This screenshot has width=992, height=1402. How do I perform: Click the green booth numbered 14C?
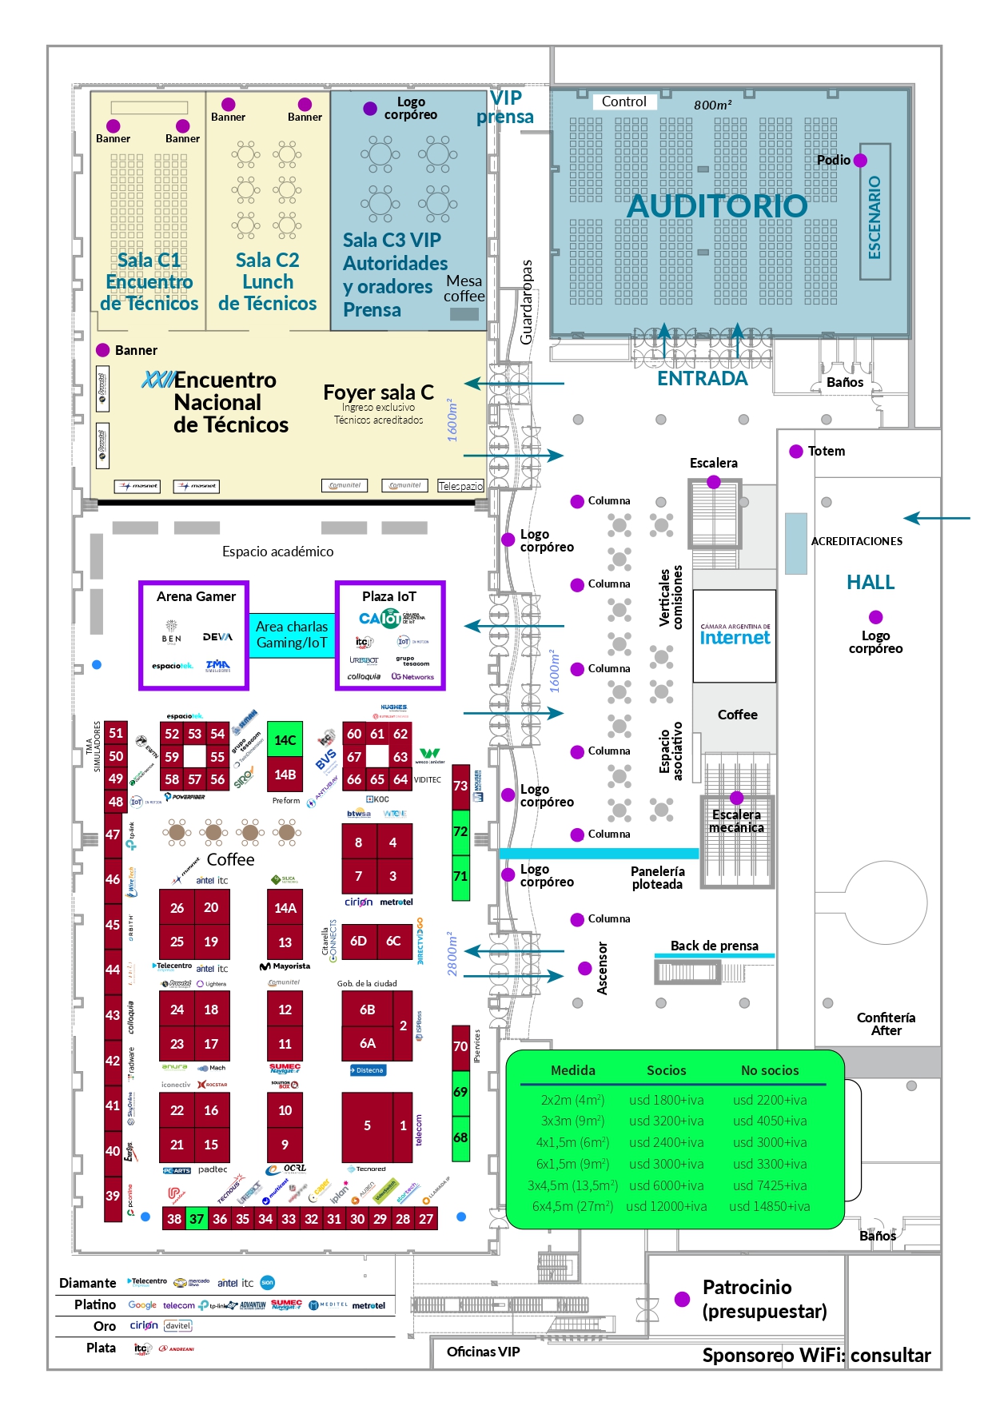[285, 740]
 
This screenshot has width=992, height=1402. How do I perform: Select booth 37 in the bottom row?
[197, 1219]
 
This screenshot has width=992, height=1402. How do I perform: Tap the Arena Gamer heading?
[196, 596]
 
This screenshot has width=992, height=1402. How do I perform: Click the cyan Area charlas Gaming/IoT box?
[292, 635]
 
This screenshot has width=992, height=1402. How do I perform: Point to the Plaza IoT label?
[389, 596]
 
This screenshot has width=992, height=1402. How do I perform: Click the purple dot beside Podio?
[861, 160]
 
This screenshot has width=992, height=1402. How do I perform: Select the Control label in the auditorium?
[623, 102]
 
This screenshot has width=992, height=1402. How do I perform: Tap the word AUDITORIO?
[717, 206]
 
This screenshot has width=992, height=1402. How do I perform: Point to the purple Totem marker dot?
[796, 452]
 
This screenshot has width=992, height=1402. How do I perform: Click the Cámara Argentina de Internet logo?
[735, 635]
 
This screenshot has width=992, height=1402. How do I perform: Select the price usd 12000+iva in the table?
[666, 1207]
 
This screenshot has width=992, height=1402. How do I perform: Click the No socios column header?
[770, 1070]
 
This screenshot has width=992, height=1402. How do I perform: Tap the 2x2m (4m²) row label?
[572, 1100]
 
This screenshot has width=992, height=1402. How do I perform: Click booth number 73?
[460, 786]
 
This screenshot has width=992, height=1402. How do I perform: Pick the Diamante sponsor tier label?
[88, 1283]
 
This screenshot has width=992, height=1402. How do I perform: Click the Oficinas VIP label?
[483, 1352]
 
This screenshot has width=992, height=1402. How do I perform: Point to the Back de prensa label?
[714, 946]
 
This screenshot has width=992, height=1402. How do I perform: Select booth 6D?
[358, 941]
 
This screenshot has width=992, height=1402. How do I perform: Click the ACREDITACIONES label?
[857, 541]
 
